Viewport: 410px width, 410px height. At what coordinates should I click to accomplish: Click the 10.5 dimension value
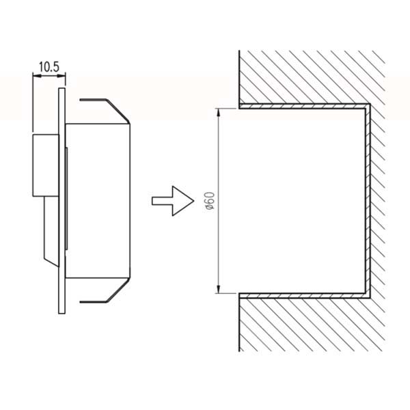coord(49,67)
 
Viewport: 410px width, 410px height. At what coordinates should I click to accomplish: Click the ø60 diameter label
coord(210,201)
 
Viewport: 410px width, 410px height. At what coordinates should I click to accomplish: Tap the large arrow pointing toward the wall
coord(173,201)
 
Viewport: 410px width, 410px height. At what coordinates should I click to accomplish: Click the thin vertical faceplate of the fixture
coord(61,201)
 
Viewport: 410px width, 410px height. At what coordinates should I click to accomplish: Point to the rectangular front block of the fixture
coord(46,165)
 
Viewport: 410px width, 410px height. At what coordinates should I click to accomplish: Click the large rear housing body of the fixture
coord(98,200)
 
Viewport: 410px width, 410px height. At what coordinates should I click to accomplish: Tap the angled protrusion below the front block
coord(51,232)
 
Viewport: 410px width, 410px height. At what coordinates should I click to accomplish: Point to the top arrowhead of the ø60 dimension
coord(219,113)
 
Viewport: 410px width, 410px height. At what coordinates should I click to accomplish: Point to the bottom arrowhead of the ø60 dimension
coord(219,289)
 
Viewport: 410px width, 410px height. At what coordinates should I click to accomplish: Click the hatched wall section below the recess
coord(311,325)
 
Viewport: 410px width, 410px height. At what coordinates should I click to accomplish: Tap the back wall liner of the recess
coord(368,201)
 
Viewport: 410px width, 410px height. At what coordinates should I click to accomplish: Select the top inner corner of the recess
coord(365,109)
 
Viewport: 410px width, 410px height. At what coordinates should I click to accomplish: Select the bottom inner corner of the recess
coord(365,293)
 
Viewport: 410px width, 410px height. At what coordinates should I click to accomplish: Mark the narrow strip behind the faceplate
coord(66,198)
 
